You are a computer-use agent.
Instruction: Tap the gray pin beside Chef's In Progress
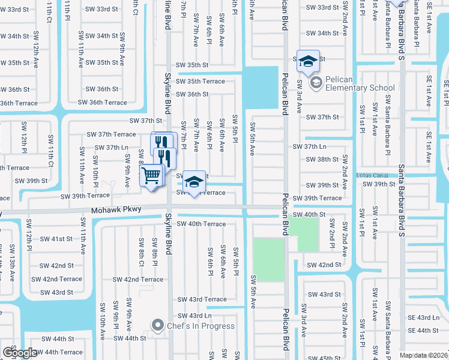[158, 326]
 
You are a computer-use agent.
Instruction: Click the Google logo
[20, 353]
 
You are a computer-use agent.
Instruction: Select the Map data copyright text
[424, 355]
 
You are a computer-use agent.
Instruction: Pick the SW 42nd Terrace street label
[138, 280]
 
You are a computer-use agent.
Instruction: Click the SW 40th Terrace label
[198, 224]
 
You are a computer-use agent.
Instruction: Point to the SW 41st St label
[57, 239]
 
